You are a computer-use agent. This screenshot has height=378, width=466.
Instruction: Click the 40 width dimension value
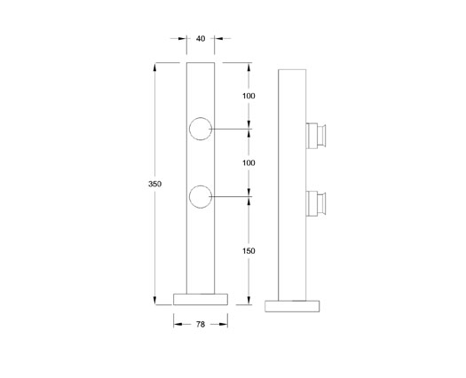[x=201, y=38]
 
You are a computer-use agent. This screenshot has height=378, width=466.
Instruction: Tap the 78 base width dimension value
[x=201, y=326]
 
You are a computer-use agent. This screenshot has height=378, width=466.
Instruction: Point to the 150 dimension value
[x=249, y=251]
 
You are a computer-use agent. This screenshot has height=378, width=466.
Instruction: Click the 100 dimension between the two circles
[x=249, y=162]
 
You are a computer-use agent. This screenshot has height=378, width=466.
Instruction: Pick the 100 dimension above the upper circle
[x=249, y=95]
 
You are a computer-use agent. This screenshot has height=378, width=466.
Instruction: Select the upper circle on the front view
[x=201, y=130]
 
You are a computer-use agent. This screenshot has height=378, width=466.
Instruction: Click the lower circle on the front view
[x=201, y=196]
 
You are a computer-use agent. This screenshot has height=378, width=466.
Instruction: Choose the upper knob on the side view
[x=317, y=135]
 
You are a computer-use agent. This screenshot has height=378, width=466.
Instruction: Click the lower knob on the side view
[x=317, y=201]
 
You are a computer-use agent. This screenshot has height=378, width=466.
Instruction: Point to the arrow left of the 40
[x=183, y=38]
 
